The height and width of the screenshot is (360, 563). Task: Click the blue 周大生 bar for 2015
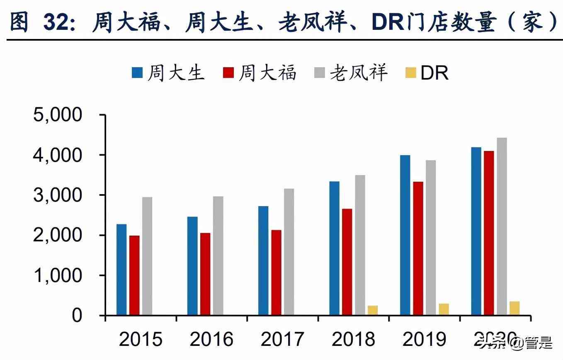[121, 270]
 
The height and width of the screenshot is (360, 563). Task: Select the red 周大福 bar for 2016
[205, 274]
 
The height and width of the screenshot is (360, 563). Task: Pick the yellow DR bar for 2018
[373, 311]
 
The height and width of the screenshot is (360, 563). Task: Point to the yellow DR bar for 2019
[444, 309]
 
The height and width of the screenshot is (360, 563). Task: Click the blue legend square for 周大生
[137, 73]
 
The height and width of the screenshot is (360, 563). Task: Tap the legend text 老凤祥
[359, 73]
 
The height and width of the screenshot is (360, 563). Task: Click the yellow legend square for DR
[410, 73]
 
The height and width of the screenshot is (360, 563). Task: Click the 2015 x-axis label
[141, 339]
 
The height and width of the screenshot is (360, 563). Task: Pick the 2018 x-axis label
[353, 339]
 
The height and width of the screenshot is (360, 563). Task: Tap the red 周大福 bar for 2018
[347, 262]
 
